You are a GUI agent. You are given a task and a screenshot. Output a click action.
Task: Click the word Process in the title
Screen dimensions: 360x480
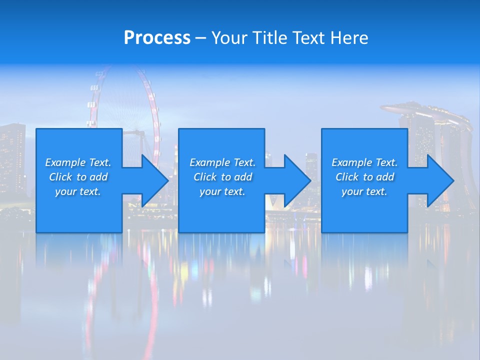click(157, 37)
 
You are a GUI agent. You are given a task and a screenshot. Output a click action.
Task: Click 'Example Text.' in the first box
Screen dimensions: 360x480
click(78, 162)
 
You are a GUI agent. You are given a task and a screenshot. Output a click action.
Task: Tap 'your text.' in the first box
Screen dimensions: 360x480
click(78, 191)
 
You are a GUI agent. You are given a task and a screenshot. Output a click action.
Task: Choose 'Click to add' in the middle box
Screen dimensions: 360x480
click(222, 177)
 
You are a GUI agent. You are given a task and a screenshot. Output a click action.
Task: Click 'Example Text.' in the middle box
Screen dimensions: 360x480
click(222, 162)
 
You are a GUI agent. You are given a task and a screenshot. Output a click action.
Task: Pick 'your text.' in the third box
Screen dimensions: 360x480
click(364, 191)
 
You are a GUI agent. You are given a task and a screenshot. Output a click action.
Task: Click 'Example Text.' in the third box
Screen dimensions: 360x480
click(364, 162)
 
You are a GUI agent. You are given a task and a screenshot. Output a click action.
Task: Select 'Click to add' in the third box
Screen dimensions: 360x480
click(364, 177)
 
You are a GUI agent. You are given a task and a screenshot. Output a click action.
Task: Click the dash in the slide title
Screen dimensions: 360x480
click(200, 38)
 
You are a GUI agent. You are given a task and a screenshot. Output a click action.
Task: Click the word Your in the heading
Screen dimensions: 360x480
click(229, 37)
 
